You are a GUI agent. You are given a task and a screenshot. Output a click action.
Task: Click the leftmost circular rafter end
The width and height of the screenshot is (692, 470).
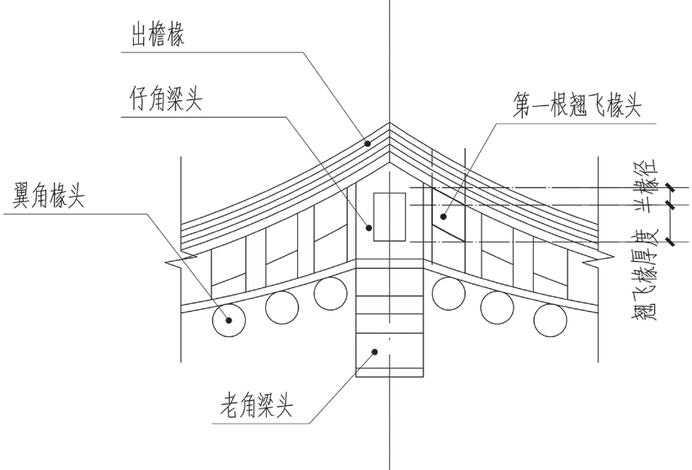coord(227,320)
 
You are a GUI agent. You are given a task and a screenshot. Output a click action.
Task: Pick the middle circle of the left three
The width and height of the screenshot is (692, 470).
coord(282,307)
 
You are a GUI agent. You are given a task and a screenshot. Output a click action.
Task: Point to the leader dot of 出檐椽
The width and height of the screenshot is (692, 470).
coord(368,143)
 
